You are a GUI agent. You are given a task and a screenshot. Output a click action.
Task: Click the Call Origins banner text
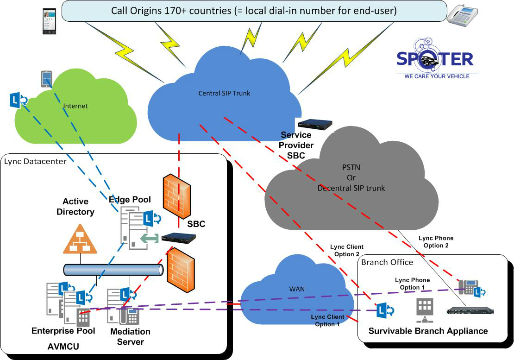(x=254, y=10)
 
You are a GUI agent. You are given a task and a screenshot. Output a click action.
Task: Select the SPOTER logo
(x=435, y=59)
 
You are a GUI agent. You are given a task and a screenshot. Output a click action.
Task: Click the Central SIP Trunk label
(x=224, y=93)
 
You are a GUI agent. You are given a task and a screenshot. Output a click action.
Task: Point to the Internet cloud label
(x=75, y=106)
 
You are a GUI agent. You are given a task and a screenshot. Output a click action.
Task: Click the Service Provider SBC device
(x=315, y=124)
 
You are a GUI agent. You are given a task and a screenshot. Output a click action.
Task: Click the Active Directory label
(x=78, y=207)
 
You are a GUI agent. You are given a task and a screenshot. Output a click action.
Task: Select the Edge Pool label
(x=130, y=200)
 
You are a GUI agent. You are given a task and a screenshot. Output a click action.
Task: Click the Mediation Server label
(x=130, y=337)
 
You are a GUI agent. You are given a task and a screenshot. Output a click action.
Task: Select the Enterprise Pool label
(x=63, y=331)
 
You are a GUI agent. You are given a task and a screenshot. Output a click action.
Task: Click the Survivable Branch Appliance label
(x=428, y=331)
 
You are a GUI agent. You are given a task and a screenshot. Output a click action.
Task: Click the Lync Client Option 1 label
(x=327, y=320)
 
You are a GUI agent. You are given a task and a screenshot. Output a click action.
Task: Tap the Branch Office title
(x=387, y=262)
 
